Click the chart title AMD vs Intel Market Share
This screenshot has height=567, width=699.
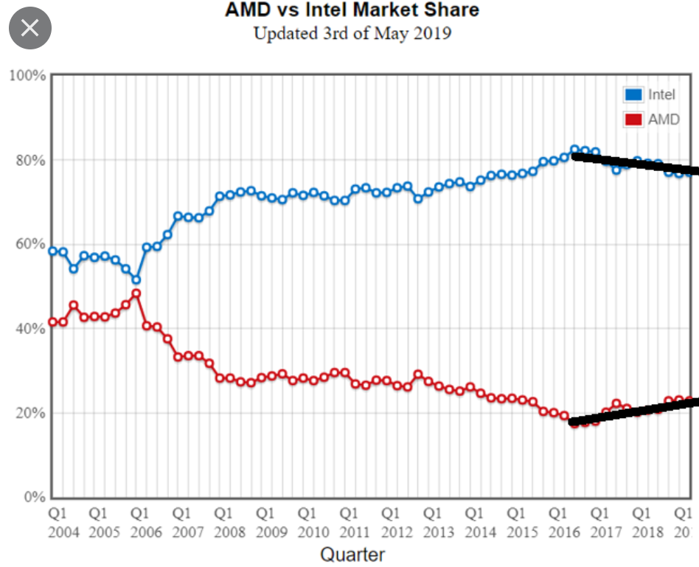(x=352, y=10)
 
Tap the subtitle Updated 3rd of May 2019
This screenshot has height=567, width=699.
(x=352, y=33)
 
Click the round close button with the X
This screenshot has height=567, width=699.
(x=29, y=29)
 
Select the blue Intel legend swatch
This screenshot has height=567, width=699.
(x=633, y=94)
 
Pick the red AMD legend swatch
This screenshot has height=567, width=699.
(x=633, y=119)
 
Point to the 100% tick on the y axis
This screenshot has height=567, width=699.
(x=27, y=76)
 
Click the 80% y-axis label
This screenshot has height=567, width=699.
(x=30, y=160)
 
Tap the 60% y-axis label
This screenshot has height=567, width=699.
(x=30, y=244)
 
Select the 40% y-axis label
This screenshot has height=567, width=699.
(x=30, y=328)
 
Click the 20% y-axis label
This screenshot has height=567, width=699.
(x=30, y=412)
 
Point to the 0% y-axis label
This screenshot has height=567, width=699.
(x=33, y=497)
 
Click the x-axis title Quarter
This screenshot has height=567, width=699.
(x=352, y=554)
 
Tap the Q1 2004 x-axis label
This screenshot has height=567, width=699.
(x=58, y=521)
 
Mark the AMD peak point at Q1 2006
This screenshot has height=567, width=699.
(x=136, y=293)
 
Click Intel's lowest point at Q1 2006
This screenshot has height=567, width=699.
(x=136, y=279)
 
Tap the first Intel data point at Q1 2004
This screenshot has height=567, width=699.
(x=52, y=251)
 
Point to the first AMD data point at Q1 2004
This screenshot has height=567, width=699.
(x=52, y=321)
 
